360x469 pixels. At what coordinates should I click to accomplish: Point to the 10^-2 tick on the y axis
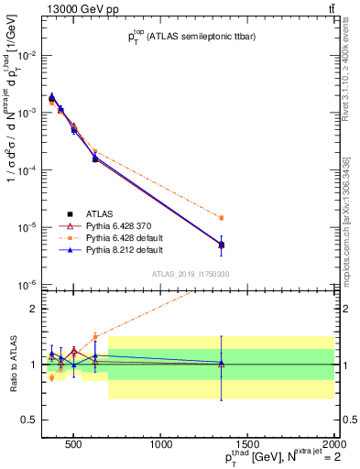27,55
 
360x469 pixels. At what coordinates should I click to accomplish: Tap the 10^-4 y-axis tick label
27,170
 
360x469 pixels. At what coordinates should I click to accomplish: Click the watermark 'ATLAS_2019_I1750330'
191,272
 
